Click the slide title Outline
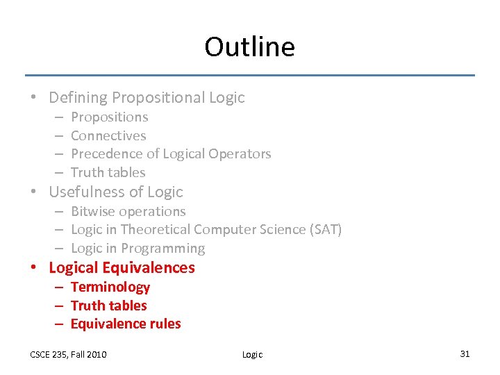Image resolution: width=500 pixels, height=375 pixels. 249,47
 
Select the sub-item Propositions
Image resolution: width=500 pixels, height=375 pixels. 109,117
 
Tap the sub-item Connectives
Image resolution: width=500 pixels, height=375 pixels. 108,135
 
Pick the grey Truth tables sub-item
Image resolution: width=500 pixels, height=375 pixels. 108,172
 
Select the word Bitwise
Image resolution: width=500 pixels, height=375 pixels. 94,211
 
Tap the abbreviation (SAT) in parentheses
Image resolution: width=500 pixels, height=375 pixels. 326,229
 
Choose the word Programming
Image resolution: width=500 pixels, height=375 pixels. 162,248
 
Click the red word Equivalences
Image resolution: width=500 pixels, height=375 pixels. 149,267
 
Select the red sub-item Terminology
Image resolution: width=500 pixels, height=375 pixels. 110,287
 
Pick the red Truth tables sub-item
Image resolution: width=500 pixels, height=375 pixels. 108,306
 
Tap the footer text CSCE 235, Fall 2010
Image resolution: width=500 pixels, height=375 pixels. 68,354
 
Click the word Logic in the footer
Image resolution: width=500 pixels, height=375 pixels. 252,354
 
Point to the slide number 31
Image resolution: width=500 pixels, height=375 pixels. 465,353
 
